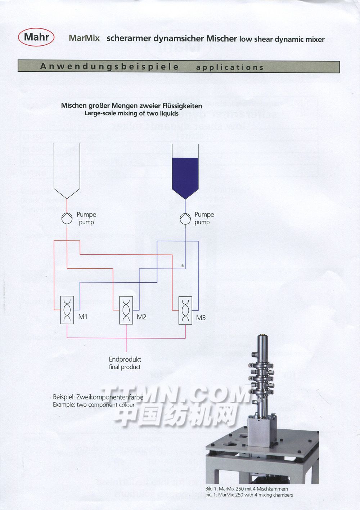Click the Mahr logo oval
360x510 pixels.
point(36,37)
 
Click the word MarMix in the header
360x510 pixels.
point(84,38)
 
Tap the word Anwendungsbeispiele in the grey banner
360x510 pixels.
point(109,67)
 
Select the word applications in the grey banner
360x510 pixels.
point(230,67)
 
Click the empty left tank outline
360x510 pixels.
point(67,169)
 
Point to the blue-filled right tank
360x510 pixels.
point(185,176)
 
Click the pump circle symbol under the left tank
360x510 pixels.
point(67,219)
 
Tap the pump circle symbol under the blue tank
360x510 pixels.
point(185,219)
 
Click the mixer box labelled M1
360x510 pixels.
point(67,310)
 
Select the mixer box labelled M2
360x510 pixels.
point(126,310)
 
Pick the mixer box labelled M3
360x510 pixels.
point(185,310)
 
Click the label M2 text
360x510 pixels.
point(141,317)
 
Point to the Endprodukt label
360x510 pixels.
point(125,359)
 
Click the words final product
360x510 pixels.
point(125,367)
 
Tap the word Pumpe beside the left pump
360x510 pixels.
point(86,215)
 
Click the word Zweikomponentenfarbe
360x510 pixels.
point(110,397)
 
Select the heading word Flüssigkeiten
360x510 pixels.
point(182,106)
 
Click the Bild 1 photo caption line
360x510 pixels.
point(247,489)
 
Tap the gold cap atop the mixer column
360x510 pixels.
point(265,337)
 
